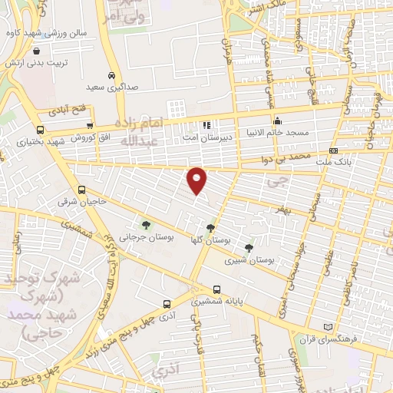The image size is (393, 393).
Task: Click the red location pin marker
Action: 197,180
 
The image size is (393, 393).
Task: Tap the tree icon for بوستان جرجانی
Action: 146,224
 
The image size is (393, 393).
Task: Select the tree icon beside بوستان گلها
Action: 210,228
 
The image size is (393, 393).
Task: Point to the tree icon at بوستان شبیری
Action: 248,247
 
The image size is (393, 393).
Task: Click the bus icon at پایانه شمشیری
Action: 216,289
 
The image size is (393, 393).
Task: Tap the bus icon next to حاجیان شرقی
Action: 82,190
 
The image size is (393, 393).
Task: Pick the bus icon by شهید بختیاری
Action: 40,130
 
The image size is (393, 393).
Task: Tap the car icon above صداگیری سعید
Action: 112,76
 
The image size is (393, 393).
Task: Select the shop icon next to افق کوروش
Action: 91,127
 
